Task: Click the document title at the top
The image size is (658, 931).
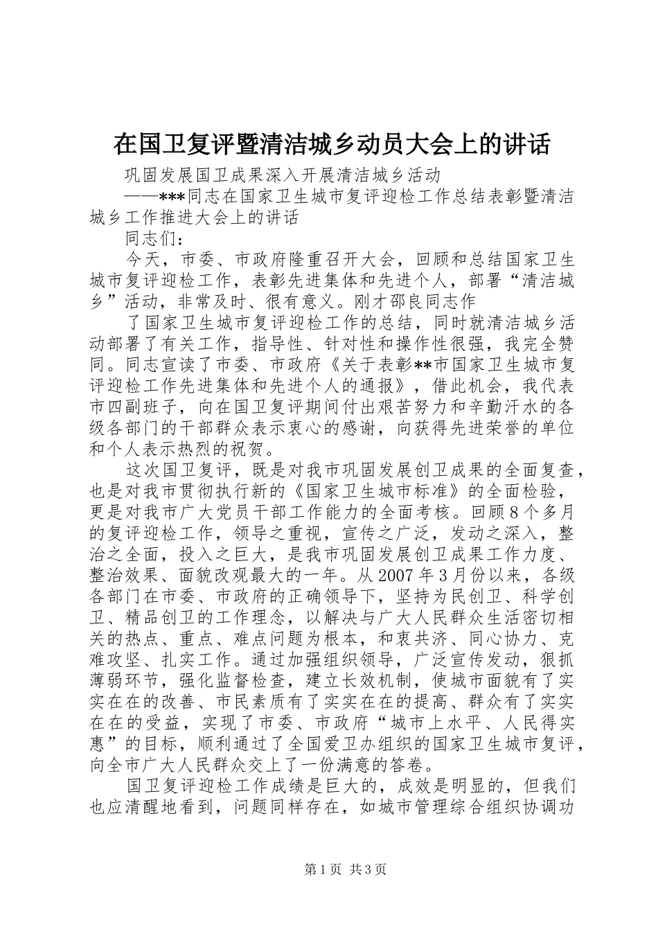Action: (x=332, y=144)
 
